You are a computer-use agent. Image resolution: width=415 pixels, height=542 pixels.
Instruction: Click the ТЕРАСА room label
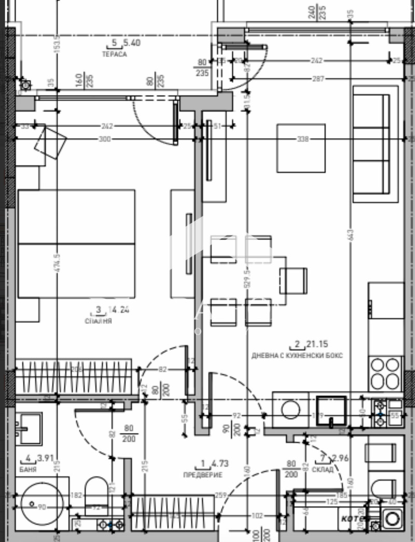(x=114, y=55)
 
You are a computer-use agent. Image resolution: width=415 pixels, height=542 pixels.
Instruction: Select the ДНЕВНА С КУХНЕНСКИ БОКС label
(x=297, y=356)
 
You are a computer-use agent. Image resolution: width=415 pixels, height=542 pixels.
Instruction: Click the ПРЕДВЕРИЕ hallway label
(x=203, y=475)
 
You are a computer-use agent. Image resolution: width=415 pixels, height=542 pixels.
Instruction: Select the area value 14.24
(x=118, y=310)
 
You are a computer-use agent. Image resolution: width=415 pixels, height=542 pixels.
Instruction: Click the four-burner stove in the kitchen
(x=385, y=373)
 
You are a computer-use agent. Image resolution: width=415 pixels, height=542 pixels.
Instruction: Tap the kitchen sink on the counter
(x=331, y=410)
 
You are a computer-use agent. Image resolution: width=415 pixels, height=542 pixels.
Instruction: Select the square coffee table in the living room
(x=301, y=148)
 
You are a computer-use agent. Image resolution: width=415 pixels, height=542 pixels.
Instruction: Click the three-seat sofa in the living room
(x=371, y=144)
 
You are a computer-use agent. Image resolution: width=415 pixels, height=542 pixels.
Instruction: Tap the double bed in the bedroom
(x=76, y=243)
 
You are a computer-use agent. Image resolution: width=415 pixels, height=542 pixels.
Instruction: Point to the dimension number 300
(x=105, y=139)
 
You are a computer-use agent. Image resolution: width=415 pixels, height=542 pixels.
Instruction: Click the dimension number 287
(x=318, y=79)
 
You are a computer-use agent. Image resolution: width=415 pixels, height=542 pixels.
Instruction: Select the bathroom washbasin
(x=29, y=428)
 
